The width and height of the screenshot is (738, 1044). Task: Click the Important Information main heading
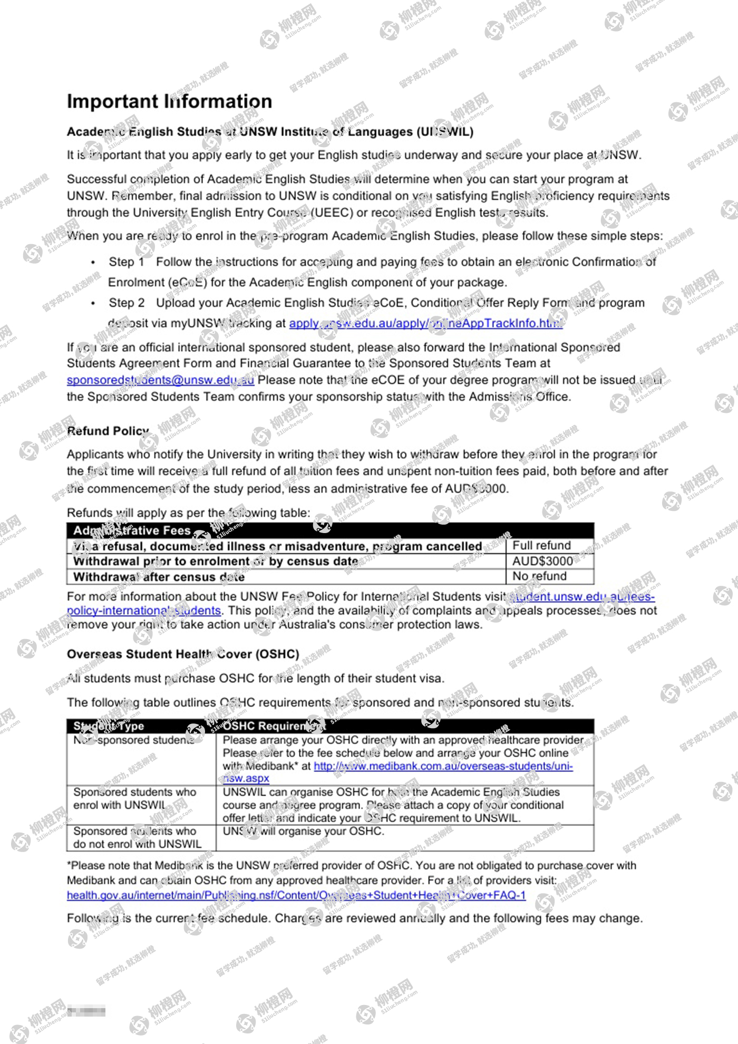[x=169, y=101]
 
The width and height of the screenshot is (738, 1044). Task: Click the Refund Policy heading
[x=108, y=431]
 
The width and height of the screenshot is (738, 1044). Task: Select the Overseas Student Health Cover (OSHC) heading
[x=183, y=654]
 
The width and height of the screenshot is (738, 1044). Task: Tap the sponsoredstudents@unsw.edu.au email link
[x=160, y=380]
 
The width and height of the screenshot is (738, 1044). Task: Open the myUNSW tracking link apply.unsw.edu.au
[x=425, y=323]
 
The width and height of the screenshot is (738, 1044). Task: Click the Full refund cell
[x=541, y=545]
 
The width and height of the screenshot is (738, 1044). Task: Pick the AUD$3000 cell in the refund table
[x=542, y=561]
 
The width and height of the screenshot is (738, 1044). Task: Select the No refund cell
[x=539, y=576]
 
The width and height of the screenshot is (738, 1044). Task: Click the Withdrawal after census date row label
[x=159, y=577]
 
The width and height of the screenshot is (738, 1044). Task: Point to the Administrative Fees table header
[x=132, y=530]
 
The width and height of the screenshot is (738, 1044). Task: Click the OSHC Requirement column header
[x=274, y=726]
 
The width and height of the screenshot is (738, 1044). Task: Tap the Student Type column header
[x=109, y=726]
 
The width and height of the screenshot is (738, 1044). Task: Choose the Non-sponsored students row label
[x=134, y=740]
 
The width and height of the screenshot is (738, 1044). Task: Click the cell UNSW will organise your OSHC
[x=303, y=831]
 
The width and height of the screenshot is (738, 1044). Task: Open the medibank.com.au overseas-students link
[x=443, y=766]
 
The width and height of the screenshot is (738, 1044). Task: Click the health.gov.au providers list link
[x=296, y=895]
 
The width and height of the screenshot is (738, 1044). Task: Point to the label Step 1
[x=126, y=262]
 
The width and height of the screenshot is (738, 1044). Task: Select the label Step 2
[x=126, y=303]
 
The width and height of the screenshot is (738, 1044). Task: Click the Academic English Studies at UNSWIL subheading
[x=270, y=132]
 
